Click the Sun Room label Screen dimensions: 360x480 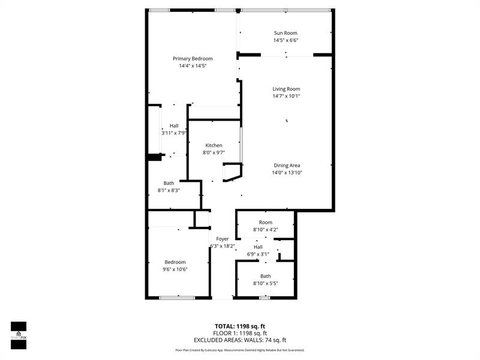286,33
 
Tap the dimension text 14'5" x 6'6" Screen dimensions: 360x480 286,40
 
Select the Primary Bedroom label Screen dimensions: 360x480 193,58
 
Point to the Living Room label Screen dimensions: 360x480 286,89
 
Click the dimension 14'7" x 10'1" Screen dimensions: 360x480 286,96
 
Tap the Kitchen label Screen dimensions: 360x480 214,145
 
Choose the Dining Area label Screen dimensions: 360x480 287,165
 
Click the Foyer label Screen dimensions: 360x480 223,239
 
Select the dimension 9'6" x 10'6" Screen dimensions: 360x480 175,269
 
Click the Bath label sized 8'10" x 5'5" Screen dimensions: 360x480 265,276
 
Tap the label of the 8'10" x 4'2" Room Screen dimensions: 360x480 266,223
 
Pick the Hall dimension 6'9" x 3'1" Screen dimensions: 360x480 258,254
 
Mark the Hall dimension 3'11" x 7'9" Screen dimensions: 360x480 174,133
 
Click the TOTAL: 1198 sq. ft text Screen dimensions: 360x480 241,326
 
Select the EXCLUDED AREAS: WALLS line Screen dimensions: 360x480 241,340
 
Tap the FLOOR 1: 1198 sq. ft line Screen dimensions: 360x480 241,333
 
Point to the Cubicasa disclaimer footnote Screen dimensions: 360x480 240,350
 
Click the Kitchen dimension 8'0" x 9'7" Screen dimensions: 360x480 214,152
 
